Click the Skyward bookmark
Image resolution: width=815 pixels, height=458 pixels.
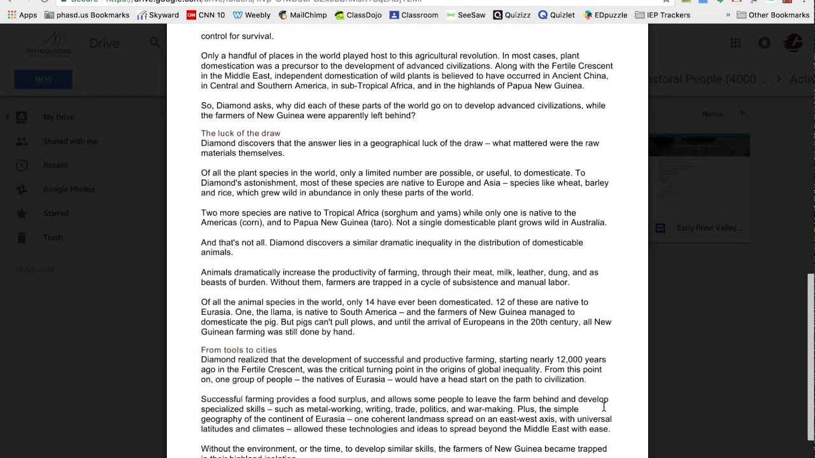tap(159, 15)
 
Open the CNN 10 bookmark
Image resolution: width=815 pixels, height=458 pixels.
tap(206, 15)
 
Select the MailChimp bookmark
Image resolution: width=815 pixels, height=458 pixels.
tap(302, 15)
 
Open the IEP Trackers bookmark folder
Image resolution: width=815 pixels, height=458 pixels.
tap(662, 15)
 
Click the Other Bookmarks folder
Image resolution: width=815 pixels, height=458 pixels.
tap(772, 15)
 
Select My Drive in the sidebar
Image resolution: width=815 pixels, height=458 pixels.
tap(59, 117)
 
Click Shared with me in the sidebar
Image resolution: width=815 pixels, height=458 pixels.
tap(70, 141)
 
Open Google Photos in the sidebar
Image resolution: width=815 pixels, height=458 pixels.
tap(69, 190)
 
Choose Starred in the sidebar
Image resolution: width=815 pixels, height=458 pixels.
tap(56, 214)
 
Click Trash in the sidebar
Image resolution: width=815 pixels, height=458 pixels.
tap(53, 237)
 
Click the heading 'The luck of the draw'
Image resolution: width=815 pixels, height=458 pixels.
tap(241, 134)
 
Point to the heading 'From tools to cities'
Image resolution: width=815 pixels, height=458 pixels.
tap(239, 350)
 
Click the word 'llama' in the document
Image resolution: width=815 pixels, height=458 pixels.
tap(281, 312)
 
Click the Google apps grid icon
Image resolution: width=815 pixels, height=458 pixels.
tap(735, 43)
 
